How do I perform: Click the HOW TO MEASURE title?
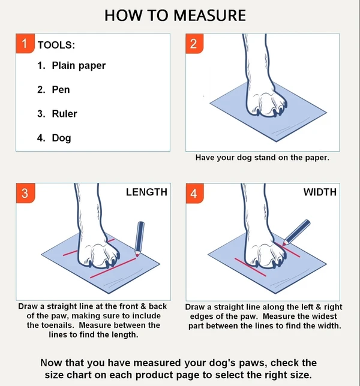tap(175, 15)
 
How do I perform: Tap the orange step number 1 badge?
tap(25, 44)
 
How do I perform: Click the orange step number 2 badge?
tap(193, 44)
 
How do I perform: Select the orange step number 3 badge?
tap(25, 193)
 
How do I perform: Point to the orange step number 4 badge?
tap(193, 193)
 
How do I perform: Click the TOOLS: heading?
tap(56, 45)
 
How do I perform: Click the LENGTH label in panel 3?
tap(146, 192)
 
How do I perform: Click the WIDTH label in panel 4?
tap(320, 192)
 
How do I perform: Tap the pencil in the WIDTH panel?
tap(295, 232)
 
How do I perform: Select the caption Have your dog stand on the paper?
tap(262, 158)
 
